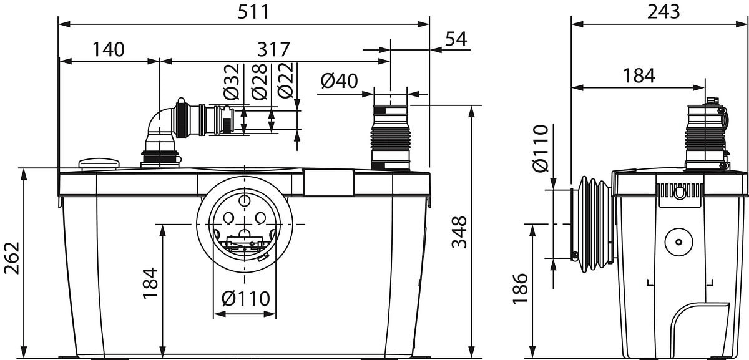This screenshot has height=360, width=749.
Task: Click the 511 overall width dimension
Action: point(253,12)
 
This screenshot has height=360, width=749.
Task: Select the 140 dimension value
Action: point(109,49)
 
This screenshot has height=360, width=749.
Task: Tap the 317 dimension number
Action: point(273,49)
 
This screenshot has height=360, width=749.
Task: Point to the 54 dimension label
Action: point(456,39)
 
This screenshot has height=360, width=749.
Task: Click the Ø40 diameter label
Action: point(339,81)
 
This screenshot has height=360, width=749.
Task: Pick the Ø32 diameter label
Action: point(232,82)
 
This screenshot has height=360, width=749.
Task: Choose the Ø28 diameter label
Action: point(259,82)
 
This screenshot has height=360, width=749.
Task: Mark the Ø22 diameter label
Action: point(286,80)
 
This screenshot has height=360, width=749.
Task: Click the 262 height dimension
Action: point(12,258)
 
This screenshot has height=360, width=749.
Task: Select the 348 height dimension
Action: point(459,232)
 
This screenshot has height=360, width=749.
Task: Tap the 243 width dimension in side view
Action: point(663,12)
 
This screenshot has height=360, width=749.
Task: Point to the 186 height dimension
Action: point(520,288)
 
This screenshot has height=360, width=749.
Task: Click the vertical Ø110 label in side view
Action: point(541,148)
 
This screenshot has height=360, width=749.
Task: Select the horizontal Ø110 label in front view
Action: point(246,298)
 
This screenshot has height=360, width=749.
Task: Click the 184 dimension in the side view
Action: point(639,76)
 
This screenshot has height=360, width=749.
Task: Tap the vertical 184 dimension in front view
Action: point(150,283)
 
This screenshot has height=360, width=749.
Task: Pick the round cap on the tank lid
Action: point(99,164)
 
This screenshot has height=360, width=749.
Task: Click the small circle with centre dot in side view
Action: point(679,241)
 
